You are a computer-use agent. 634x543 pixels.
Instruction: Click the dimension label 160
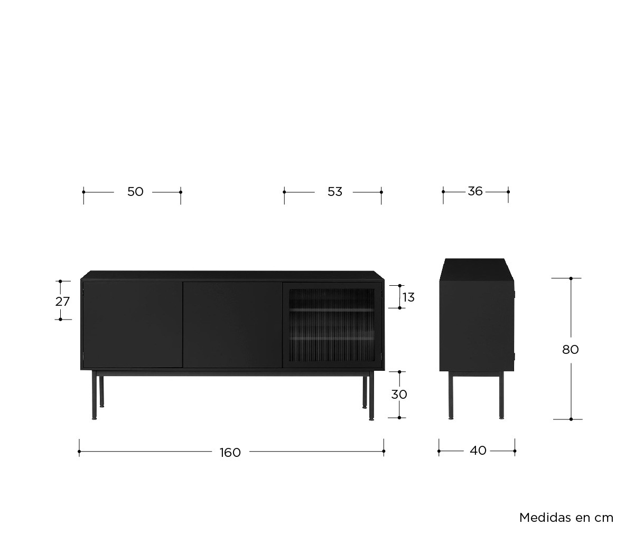point(230,453)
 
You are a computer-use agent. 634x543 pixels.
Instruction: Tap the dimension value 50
point(135,192)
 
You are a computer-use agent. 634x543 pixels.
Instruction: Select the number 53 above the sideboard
point(334,192)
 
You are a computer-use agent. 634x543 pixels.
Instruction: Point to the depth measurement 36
point(475,191)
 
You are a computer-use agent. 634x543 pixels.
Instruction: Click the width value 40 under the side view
point(478,451)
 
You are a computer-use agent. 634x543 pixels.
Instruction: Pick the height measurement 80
point(571,350)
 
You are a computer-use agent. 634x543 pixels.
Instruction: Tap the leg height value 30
point(399,395)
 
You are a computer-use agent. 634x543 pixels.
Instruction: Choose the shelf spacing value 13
point(408,297)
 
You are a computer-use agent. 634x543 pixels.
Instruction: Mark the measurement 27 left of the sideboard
point(62,302)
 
